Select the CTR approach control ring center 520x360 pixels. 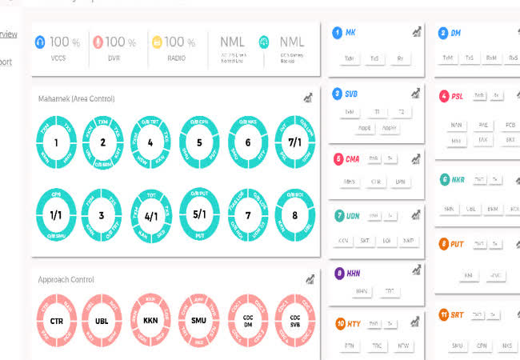click(x=56, y=322)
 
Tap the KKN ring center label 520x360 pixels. click(x=150, y=322)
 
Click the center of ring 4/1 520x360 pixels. click(x=150, y=215)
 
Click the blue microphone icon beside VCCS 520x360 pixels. click(x=41, y=42)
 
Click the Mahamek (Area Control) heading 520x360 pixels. click(x=77, y=98)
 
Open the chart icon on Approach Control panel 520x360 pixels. click(x=309, y=279)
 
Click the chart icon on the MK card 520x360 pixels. click(x=417, y=33)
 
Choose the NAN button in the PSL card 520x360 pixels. click(x=457, y=125)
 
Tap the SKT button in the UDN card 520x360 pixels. click(x=366, y=240)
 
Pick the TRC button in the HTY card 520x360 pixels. click(x=376, y=346)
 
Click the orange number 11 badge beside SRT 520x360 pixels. click(x=443, y=315)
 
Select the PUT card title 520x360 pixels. click(x=457, y=243)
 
